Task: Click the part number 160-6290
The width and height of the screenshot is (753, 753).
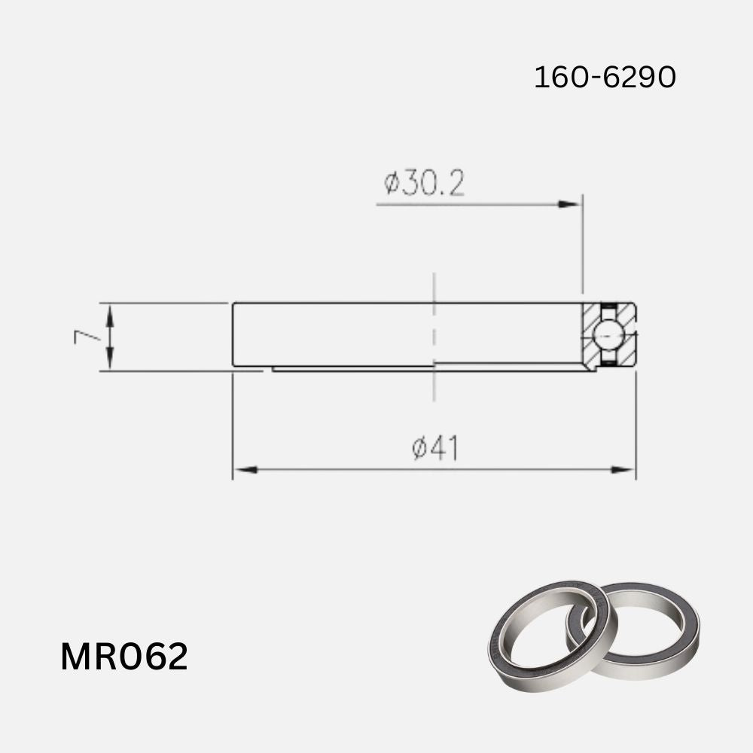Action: (x=605, y=78)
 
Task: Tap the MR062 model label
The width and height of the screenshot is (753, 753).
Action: (x=124, y=657)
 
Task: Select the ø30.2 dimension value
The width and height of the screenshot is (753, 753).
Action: (x=423, y=183)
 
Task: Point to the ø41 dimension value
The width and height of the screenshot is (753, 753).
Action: (x=435, y=449)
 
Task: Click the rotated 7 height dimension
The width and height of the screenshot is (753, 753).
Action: (x=88, y=336)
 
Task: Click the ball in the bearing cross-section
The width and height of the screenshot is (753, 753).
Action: (x=608, y=335)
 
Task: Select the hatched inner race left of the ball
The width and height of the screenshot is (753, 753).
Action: (x=592, y=335)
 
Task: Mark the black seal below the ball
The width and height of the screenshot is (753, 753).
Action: (x=608, y=364)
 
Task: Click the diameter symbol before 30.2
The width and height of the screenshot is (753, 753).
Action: (x=391, y=184)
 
